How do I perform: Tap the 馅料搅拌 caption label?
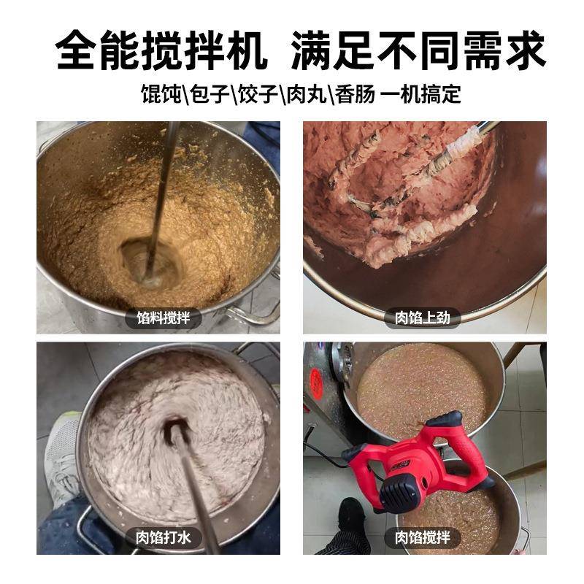point(163,318)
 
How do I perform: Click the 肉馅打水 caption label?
point(163,538)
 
